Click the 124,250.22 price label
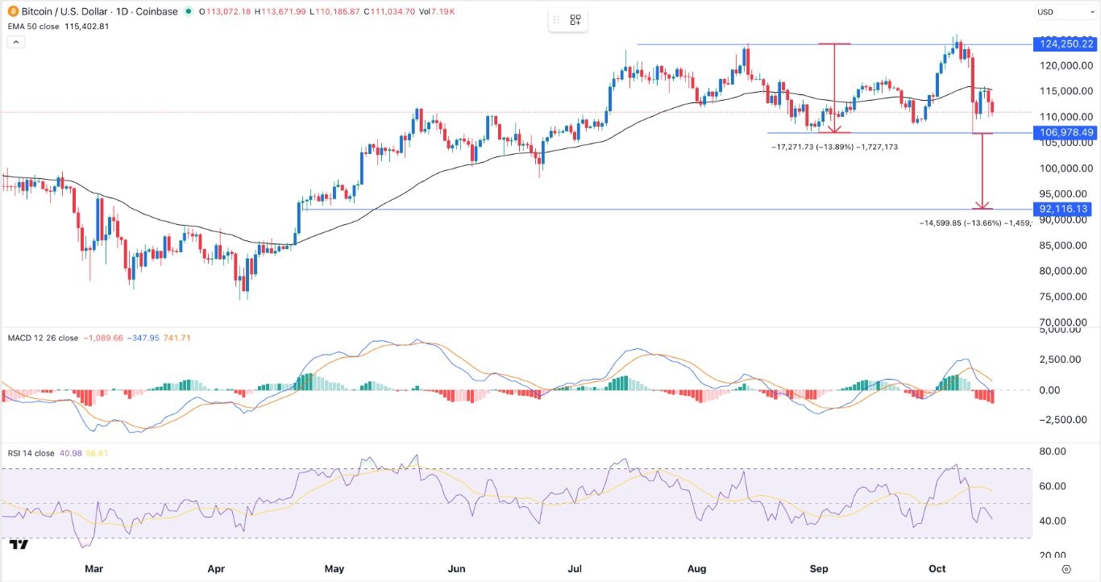pyautogui.click(x=1064, y=44)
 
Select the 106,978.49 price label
pyautogui.click(x=1064, y=133)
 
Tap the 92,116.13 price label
pyautogui.click(x=1064, y=209)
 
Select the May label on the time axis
pyautogui.click(x=334, y=569)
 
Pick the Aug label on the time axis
pyautogui.click(x=697, y=569)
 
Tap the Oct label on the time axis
pyautogui.click(x=937, y=569)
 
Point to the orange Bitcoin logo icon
pyautogui.click(x=7, y=12)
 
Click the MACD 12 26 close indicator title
pyautogui.click(x=43, y=338)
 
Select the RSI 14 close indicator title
pyautogui.click(x=31, y=454)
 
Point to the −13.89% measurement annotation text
pyautogui.click(x=833, y=148)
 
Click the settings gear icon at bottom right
pyautogui.click(x=1066, y=569)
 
